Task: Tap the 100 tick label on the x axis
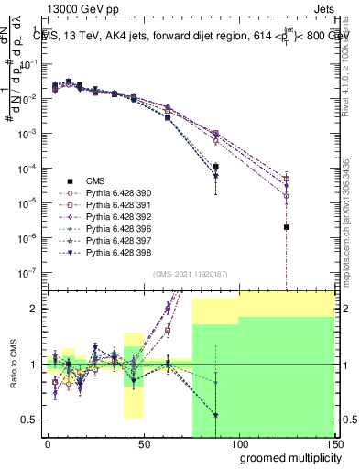(238, 443)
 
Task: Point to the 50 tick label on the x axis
(143, 443)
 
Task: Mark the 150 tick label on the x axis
(333, 443)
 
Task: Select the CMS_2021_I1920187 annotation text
(189, 274)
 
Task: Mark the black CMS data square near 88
(215, 168)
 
